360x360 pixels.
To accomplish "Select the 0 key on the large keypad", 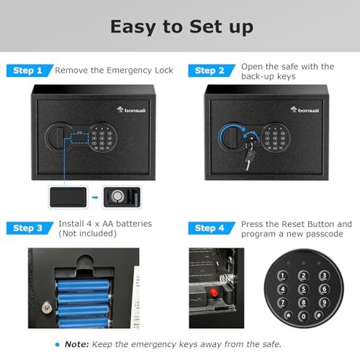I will point(302,316).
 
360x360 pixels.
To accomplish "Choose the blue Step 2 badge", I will point(211,71).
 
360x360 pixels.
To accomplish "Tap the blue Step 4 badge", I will point(211,228).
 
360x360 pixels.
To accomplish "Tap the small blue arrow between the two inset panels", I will point(95,196).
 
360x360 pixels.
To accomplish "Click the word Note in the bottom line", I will point(78,344).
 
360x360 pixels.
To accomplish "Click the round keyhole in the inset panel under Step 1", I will point(116,196).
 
